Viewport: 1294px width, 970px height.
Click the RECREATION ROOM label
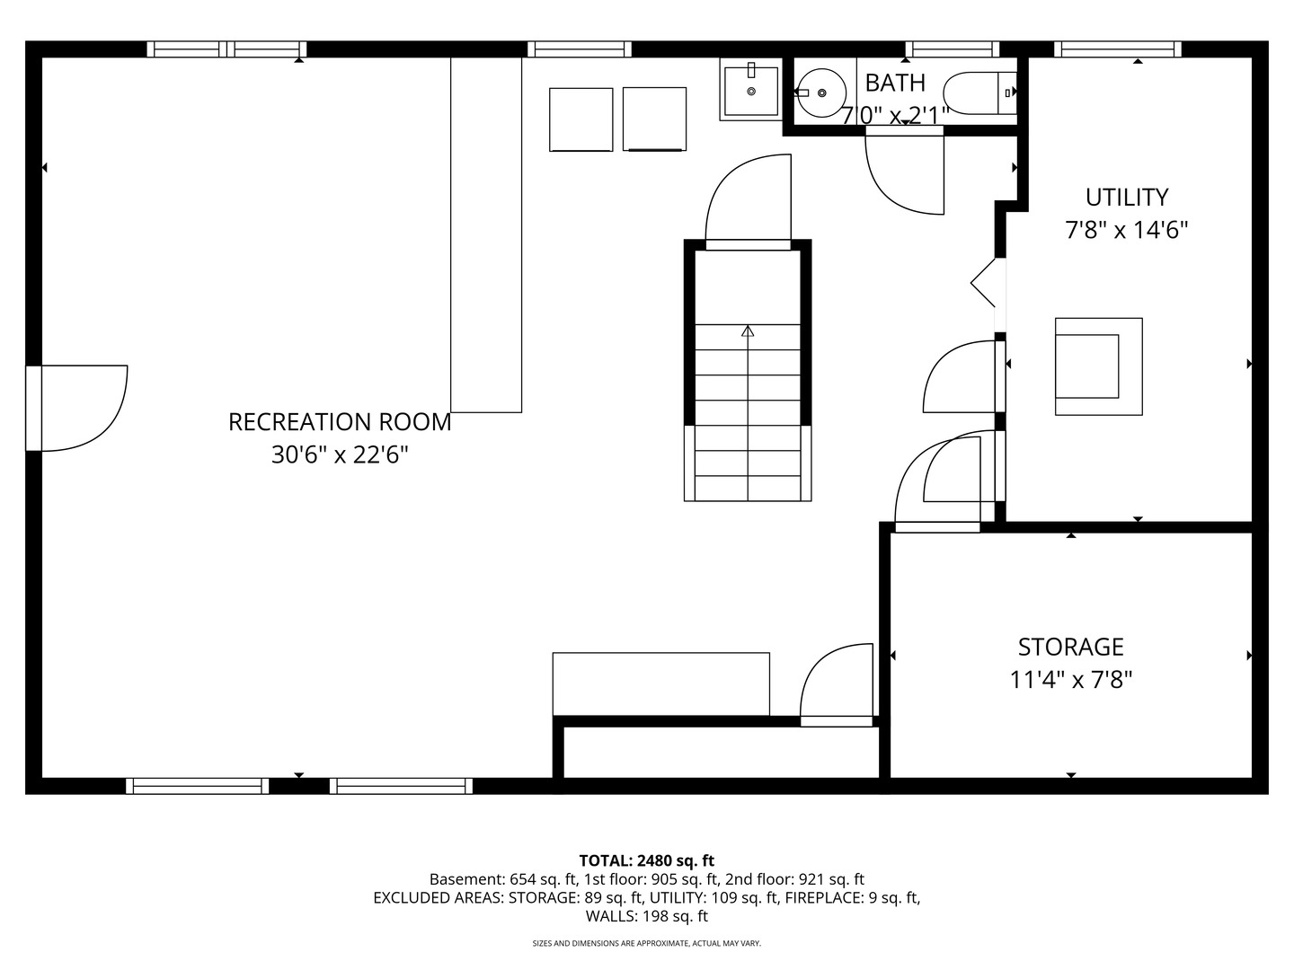[340, 422]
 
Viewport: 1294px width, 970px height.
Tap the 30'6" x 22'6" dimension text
[340, 454]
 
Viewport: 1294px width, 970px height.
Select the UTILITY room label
[1127, 198]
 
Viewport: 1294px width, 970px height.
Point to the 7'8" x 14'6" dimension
[1127, 230]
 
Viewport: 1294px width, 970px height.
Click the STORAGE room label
[1071, 648]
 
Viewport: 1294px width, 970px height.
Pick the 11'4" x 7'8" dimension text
[1071, 680]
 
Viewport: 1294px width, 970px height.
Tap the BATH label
[895, 83]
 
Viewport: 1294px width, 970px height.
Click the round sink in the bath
[821, 93]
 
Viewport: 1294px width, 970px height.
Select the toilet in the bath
[979, 93]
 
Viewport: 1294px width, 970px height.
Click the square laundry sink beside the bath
[751, 90]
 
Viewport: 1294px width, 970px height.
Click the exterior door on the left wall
[76, 408]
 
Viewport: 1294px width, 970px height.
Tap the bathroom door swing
[904, 171]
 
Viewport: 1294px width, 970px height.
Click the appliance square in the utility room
[1098, 366]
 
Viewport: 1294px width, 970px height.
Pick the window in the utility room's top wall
[1117, 49]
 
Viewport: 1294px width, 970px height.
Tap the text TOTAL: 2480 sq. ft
[647, 861]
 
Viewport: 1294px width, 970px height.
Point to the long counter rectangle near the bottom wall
[660, 683]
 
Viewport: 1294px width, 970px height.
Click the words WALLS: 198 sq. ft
[647, 916]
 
